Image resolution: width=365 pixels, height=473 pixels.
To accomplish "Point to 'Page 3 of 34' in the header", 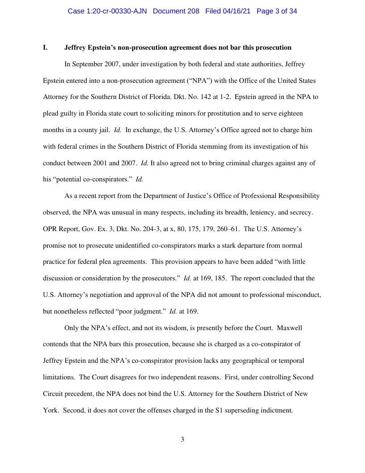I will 277,11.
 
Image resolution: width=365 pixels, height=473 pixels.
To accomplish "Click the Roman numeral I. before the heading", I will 45,47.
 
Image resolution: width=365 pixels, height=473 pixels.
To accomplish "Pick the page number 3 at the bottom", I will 182,439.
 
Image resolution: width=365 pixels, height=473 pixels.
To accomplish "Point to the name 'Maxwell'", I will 290,328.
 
